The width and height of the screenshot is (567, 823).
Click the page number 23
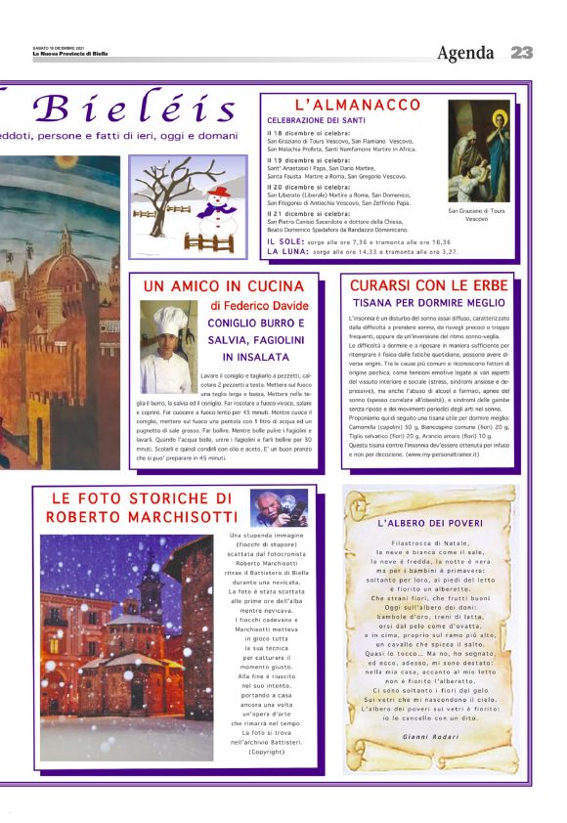[521, 53]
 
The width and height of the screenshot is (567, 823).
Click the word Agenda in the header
[465, 53]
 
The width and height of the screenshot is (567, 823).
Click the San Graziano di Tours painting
[479, 151]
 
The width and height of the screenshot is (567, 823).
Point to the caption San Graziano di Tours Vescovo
[478, 214]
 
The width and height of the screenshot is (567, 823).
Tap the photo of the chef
[164, 346]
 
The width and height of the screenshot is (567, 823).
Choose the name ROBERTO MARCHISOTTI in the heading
[142, 516]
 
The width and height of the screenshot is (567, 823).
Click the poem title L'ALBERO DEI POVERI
[429, 524]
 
